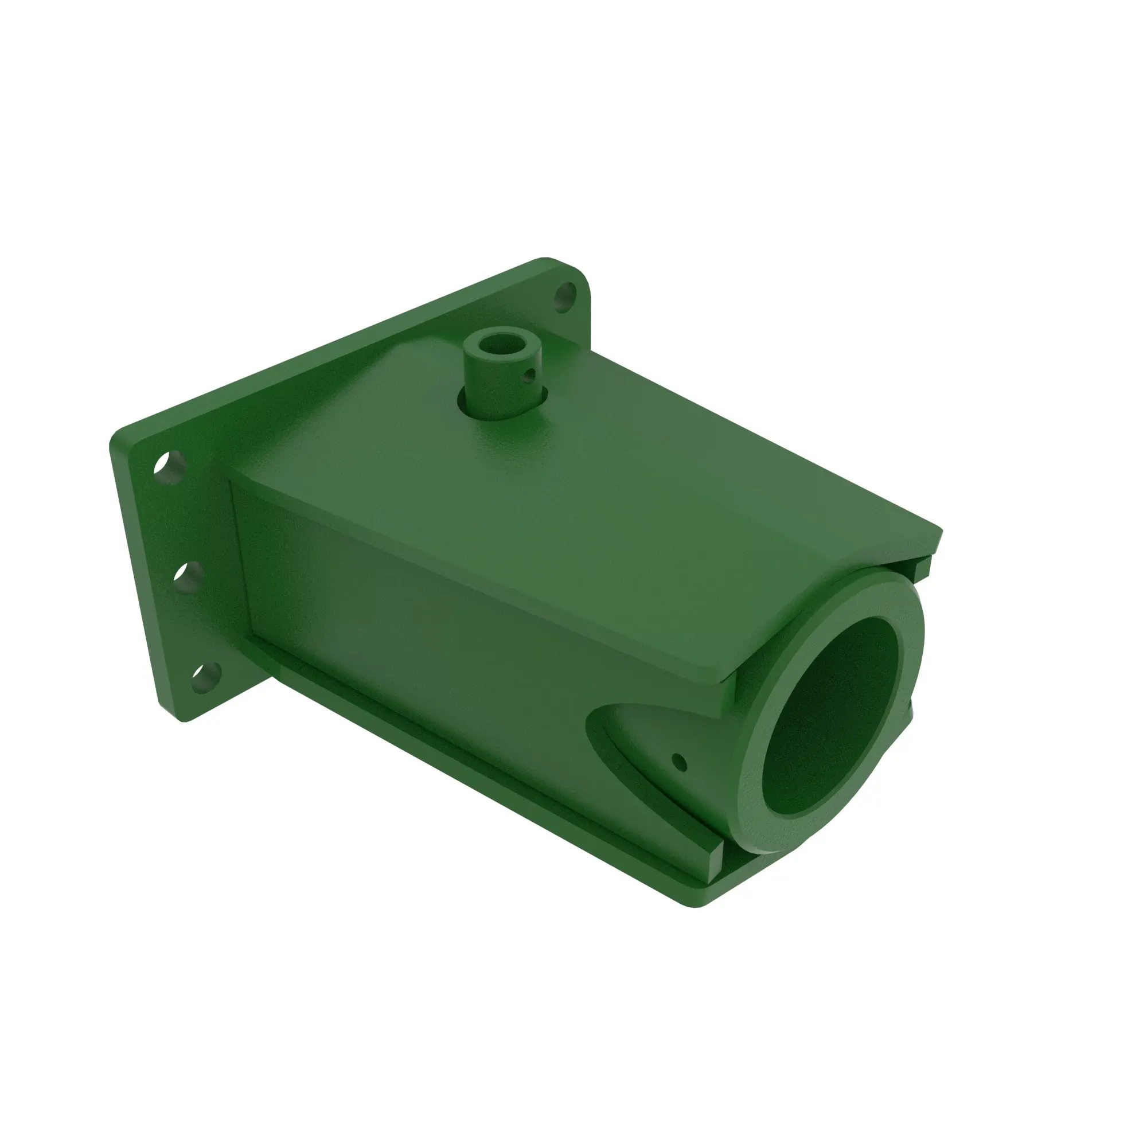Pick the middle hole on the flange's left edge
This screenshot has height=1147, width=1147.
tap(189, 576)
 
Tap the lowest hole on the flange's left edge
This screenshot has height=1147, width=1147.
tap(205, 677)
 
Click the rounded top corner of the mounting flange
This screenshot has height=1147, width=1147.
tap(546, 261)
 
